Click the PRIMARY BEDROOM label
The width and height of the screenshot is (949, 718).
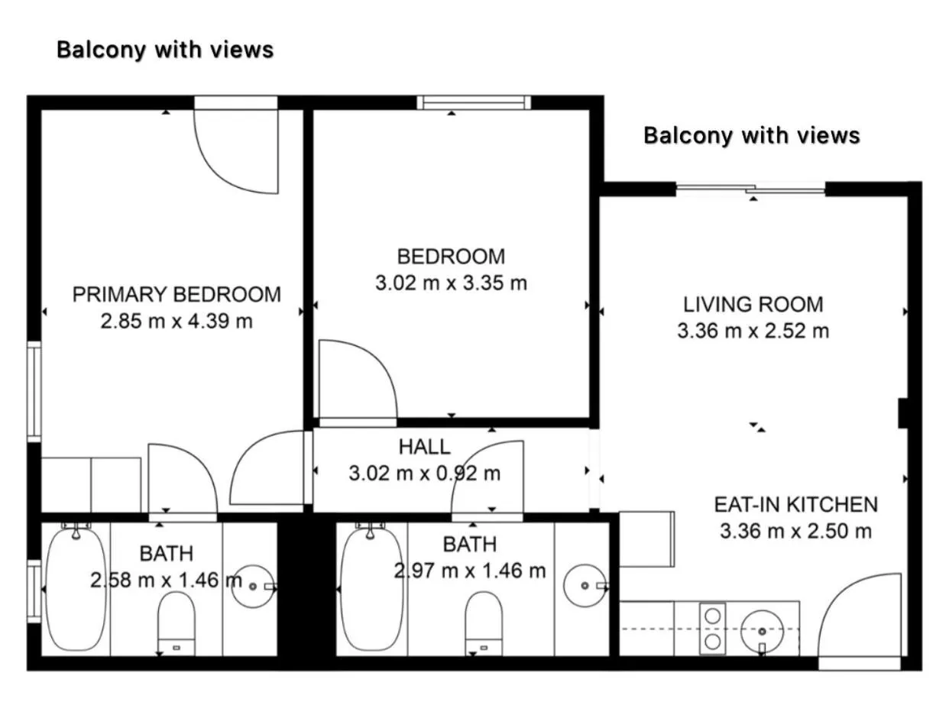tap(177, 294)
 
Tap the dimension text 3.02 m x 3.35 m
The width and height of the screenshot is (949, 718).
tap(451, 283)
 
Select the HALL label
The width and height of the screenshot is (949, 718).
tap(424, 447)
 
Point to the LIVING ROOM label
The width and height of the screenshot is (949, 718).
tap(753, 304)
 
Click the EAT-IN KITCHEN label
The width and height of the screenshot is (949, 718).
tap(795, 504)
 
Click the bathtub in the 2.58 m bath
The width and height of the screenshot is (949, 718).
tap(75, 588)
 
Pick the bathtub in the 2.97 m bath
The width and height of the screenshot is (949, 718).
tap(371, 588)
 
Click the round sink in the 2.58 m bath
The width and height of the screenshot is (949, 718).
tap(253, 587)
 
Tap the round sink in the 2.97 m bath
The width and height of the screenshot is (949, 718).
tap(585, 586)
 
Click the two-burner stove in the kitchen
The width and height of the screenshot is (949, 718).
tap(713, 628)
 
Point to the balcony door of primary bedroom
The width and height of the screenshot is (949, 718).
tap(235, 145)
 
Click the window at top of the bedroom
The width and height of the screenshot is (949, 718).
tap(474, 102)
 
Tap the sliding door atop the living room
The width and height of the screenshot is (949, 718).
tap(751, 189)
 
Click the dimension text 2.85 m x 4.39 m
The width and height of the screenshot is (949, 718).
tap(177, 322)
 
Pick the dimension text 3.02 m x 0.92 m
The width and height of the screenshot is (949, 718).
tap(424, 474)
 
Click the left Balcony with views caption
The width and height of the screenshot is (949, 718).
tap(165, 50)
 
